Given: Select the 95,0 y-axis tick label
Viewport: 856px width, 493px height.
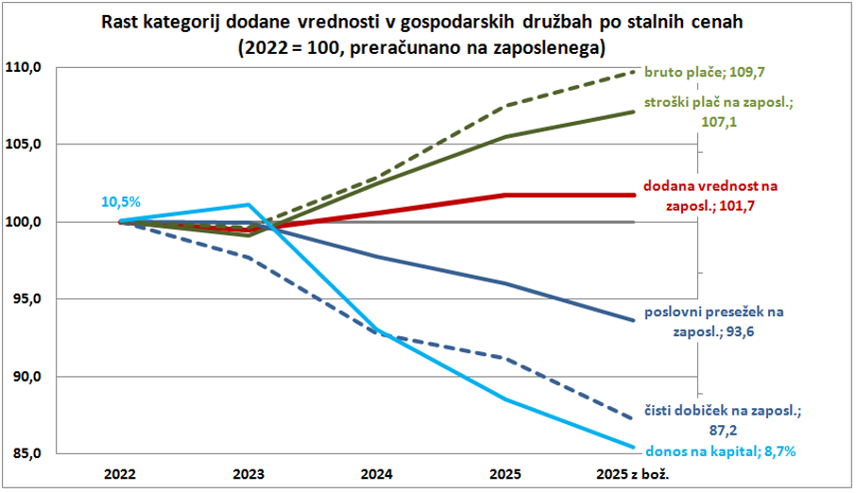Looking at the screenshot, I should coord(29,299).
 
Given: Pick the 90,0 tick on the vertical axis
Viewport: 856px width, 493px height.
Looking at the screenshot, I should coord(29,377).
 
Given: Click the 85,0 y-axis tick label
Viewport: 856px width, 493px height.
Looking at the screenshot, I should coord(29,453).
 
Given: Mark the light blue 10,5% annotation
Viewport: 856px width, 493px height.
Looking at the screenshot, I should coord(121,201).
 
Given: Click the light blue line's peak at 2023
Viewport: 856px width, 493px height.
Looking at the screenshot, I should coord(248,204).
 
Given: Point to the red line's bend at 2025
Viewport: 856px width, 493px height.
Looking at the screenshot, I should coord(505,195).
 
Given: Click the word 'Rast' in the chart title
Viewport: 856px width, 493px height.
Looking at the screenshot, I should coord(124,22).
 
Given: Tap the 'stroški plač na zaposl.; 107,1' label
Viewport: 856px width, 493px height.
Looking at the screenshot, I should coord(719,111).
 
